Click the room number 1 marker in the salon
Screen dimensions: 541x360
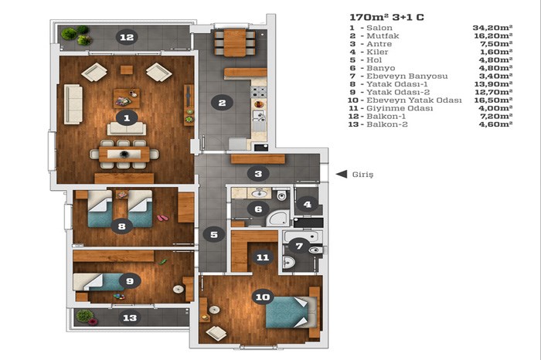(x=127, y=118)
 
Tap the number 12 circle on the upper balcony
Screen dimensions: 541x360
(x=127, y=37)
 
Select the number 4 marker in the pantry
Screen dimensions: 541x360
(x=308, y=205)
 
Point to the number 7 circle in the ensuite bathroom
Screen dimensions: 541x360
(x=299, y=246)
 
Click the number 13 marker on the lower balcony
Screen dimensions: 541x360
(x=130, y=318)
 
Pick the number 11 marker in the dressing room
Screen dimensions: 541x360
(x=263, y=257)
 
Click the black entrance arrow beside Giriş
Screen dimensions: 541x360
(x=342, y=174)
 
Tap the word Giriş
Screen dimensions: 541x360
(x=362, y=175)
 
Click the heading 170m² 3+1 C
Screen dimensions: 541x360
(x=386, y=17)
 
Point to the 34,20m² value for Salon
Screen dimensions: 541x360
(x=492, y=28)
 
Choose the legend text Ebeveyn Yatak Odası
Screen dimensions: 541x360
(x=414, y=100)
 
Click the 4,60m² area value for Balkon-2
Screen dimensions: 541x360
(x=495, y=124)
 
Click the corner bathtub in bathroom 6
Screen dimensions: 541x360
(x=278, y=218)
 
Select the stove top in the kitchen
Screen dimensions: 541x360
(x=259, y=92)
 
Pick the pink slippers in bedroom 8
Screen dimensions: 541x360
(x=163, y=218)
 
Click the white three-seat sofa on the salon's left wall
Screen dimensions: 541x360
(x=73, y=104)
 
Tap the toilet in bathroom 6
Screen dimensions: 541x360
(x=282, y=195)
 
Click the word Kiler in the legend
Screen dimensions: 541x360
(x=377, y=52)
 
